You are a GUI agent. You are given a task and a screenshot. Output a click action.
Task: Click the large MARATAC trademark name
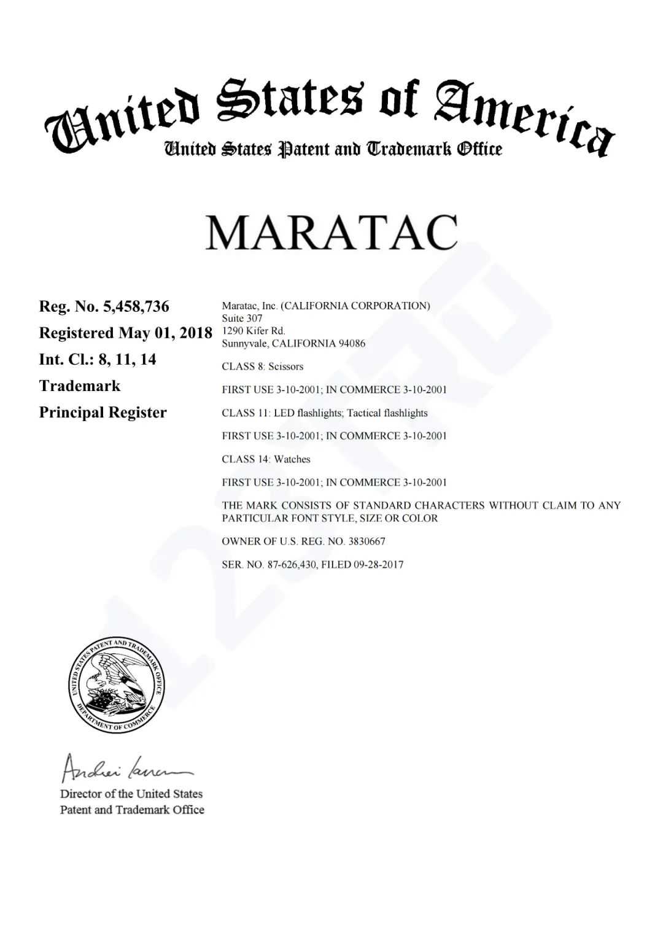pyautogui.click(x=331, y=232)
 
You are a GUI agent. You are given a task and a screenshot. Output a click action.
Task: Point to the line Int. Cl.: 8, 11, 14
pyautogui.click(x=98, y=359)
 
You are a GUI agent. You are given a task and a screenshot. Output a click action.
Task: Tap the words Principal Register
pyautogui.click(x=103, y=412)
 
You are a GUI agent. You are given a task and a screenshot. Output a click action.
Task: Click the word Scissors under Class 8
pyautogui.click(x=285, y=366)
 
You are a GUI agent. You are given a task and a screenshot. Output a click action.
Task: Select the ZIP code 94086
pyautogui.click(x=352, y=343)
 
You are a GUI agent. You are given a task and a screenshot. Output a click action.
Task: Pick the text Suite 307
pyautogui.click(x=242, y=318)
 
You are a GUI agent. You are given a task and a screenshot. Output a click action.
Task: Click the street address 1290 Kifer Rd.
pyautogui.click(x=254, y=330)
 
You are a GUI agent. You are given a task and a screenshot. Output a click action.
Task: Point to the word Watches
pyautogui.click(x=292, y=459)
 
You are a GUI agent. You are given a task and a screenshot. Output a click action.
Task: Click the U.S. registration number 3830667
pyautogui.click(x=366, y=541)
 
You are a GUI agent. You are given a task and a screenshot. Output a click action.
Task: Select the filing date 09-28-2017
pyautogui.click(x=379, y=565)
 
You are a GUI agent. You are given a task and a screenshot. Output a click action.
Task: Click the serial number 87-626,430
pyautogui.click(x=292, y=565)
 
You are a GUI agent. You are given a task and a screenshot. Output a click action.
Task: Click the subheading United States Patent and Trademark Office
pyautogui.click(x=332, y=149)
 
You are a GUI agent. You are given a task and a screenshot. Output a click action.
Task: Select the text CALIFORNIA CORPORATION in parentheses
pyautogui.click(x=355, y=306)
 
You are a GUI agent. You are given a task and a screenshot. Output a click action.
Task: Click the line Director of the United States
pyautogui.click(x=131, y=794)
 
